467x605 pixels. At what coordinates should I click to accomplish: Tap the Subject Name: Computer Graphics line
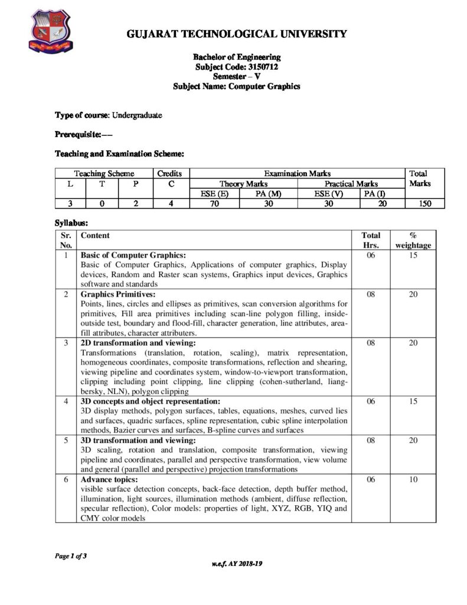coord(237,86)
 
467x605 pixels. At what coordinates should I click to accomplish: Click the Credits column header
coord(170,174)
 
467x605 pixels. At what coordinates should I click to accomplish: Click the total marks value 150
coord(422,204)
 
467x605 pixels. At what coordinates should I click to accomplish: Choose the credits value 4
coord(170,204)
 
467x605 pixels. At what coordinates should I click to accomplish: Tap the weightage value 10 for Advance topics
coord(413,480)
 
